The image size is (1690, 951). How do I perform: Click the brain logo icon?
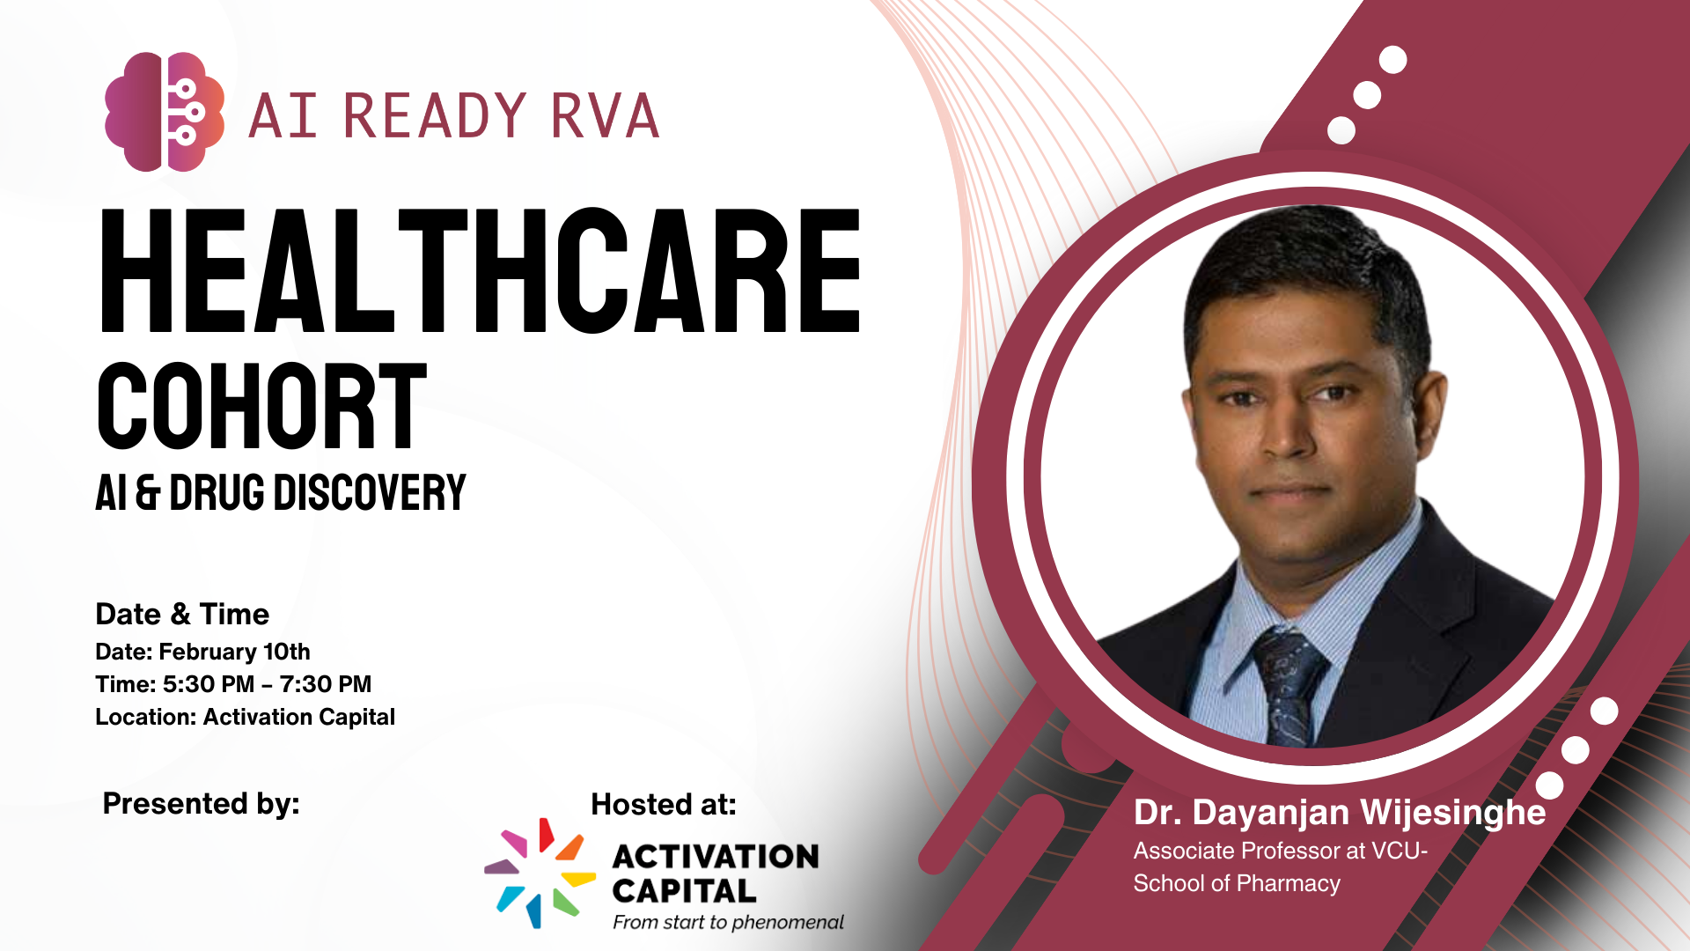pos(165,112)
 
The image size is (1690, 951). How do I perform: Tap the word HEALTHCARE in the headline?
pos(481,271)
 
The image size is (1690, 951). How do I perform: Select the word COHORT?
pos(261,406)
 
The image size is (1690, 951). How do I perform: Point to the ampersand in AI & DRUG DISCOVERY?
pos(148,492)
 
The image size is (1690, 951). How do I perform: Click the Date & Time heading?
pos(182,614)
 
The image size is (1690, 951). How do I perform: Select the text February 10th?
pos(234,652)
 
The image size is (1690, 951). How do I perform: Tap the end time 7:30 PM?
pos(326,684)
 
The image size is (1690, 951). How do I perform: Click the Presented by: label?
pos(202,804)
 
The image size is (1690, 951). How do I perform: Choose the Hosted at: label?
pos(664,804)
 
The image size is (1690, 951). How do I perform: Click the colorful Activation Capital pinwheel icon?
pos(540,873)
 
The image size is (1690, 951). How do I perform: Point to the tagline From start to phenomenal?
pos(728,922)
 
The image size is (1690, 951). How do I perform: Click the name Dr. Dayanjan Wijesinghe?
pos(1340,813)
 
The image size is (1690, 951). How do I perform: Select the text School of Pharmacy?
pos(1237,883)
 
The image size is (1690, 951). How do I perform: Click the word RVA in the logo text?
pos(605,115)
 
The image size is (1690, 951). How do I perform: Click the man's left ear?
pos(1432,414)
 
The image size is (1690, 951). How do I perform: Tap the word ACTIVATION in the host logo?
pos(716,856)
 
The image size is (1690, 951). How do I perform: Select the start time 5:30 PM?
pos(209,684)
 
